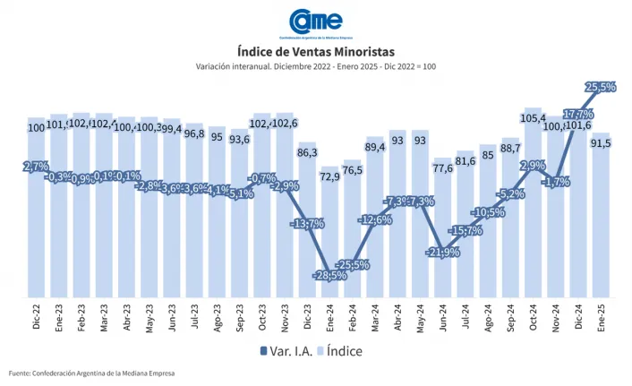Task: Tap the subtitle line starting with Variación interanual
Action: pos(315,67)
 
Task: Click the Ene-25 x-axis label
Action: pos(602,315)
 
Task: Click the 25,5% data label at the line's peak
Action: pos(599,87)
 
